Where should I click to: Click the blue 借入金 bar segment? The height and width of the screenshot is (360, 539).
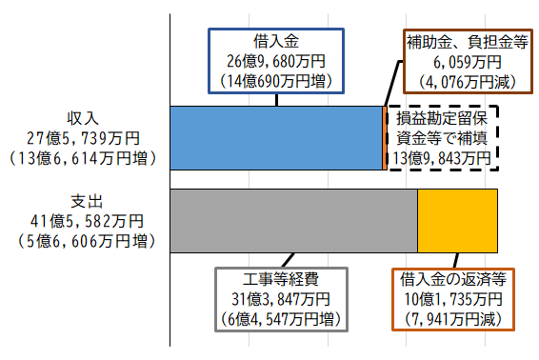click(275, 137)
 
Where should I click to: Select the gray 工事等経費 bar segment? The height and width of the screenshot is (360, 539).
click(293, 221)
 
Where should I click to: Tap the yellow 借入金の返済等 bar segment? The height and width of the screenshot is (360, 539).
click(458, 221)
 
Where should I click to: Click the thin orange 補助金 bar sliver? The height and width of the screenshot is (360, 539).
click(384, 137)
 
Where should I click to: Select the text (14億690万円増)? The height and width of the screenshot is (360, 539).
click(277, 81)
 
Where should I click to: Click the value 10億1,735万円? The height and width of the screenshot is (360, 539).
click(453, 299)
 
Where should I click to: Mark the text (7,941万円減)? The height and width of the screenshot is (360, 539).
click(453, 319)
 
